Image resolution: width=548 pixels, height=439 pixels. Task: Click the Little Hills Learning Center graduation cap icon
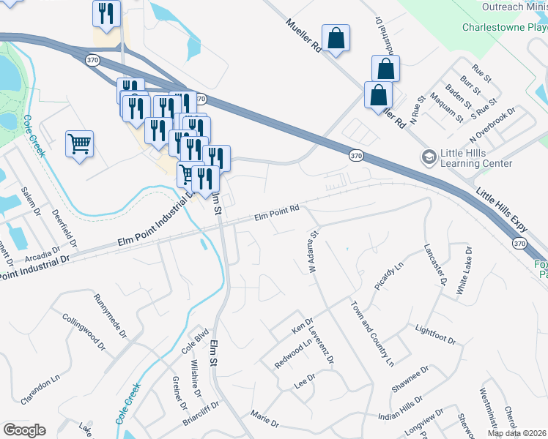[x=428, y=157]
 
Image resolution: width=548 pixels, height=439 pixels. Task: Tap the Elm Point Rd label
[x=278, y=212]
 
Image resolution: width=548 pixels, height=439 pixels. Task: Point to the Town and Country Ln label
[x=372, y=333]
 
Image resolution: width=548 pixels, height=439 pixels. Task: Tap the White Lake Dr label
[x=464, y=271]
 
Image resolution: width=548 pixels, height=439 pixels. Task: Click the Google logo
[x=24, y=429]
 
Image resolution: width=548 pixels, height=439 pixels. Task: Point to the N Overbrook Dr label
[x=494, y=121]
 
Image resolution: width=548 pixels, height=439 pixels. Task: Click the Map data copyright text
[x=516, y=433]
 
